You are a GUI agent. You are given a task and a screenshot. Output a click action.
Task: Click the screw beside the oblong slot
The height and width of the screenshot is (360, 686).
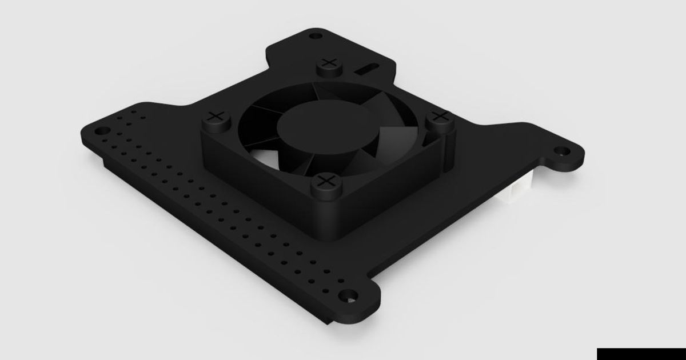329,62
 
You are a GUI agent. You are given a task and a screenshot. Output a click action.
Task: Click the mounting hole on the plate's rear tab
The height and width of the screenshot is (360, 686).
313,36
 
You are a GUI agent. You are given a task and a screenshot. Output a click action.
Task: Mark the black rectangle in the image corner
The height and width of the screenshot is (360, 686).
641,353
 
